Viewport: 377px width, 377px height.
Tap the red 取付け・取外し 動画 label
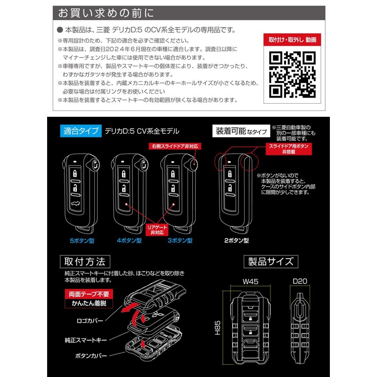(x=292, y=40)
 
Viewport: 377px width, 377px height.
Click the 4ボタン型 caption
(x=129, y=240)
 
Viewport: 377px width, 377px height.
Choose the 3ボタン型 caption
(x=180, y=240)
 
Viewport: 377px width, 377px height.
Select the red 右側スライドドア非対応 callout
(x=174, y=146)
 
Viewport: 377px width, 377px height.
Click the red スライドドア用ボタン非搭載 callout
(x=288, y=150)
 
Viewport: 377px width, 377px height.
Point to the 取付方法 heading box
(x=85, y=261)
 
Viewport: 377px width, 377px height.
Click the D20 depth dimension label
(x=300, y=281)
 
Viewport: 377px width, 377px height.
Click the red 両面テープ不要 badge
(x=85, y=294)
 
